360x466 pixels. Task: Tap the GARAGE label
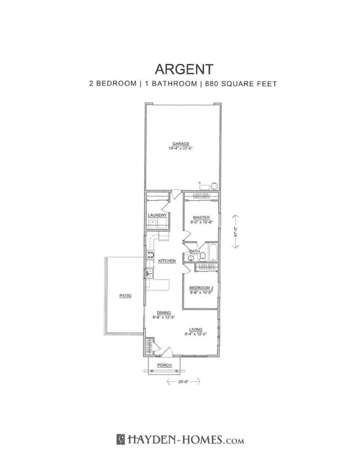(181, 144)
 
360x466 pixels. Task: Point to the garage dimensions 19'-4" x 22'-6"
(181, 148)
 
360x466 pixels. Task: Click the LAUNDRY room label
(157, 215)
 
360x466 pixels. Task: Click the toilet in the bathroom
(203, 256)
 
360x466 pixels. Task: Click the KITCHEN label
(167, 260)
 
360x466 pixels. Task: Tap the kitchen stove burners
(150, 255)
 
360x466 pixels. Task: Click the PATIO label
(125, 296)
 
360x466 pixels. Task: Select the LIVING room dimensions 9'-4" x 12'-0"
(196, 334)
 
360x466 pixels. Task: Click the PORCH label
(164, 366)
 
